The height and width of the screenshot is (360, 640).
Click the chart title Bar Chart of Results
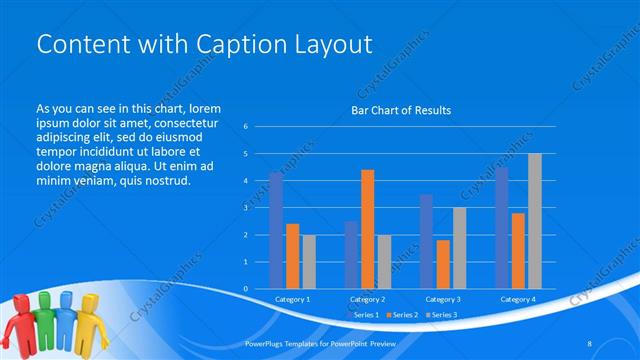pyautogui.click(x=400, y=110)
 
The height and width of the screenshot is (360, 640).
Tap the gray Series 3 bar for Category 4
pyautogui.click(x=534, y=221)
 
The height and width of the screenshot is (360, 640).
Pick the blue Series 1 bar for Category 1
pyautogui.click(x=276, y=231)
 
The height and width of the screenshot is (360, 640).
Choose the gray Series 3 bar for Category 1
pyautogui.click(x=308, y=262)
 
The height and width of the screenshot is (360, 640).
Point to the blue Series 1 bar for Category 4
pyautogui.click(x=501, y=228)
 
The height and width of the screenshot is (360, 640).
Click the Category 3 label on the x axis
pyautogui.click(x=442, y=299)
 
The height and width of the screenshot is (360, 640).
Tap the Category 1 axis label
pyautogui.click(x=292, y=299)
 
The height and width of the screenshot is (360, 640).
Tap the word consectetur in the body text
pyautogui.click(x=179, y=122)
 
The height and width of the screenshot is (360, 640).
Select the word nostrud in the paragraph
pyautogui.click(x=164, y=181)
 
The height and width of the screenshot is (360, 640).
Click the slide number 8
pyautogui.click(x=590, y=342)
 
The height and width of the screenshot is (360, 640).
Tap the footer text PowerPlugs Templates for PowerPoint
pyautogui.click(x=311, y=342)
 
